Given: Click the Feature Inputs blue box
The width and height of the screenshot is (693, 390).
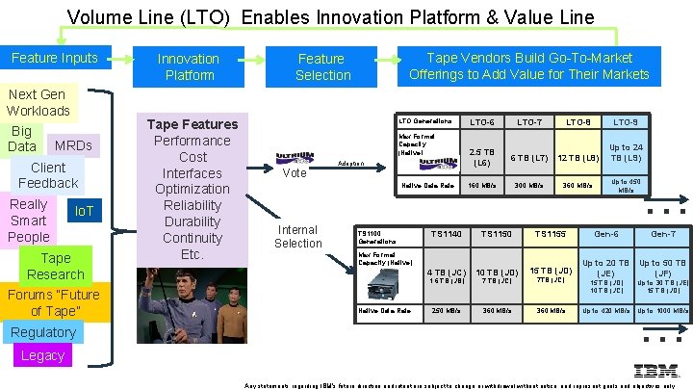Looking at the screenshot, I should [55, 59].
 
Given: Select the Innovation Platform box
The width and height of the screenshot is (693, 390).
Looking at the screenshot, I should [189, 66].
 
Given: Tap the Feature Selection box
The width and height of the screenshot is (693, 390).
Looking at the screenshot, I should [321, 66].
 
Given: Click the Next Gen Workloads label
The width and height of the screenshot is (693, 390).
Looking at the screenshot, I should [38, 102].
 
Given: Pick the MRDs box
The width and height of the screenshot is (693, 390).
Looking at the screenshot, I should [73, 145].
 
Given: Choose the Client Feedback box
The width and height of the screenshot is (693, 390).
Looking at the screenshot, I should [48, 175].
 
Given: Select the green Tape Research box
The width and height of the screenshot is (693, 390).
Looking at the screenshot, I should [56, 266].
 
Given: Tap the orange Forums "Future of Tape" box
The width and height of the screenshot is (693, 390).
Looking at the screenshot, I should [54, 302].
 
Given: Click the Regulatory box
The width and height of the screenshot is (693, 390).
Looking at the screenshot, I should [42, 332].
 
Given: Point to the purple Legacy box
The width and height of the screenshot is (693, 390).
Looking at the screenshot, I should [42, 355].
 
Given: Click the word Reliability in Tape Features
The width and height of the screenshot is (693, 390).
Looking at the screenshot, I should [192, 205].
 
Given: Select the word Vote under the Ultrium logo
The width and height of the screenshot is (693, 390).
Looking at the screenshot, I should [295, 173].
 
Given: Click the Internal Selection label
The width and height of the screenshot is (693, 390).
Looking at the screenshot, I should [298, 237].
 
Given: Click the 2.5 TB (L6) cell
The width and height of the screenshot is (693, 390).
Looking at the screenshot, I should [481, 158].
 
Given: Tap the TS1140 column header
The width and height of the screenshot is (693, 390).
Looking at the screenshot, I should [446, 234].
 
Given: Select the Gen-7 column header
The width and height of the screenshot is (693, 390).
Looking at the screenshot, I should [663, 234].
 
